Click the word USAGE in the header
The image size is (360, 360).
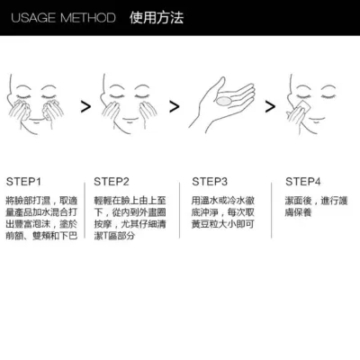(33, 18)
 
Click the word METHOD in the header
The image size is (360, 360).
(88, 18)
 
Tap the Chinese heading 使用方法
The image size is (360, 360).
(157, 18)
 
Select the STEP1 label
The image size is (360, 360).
(23, 182)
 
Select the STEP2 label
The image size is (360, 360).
(112, 182)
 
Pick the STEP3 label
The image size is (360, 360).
(210, 182)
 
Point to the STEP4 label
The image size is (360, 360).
(303, 182)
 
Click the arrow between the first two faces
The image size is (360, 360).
(85, 106)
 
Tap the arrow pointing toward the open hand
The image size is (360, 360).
(175, 106)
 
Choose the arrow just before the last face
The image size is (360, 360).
(270, 106)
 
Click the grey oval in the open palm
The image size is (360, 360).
(223, 101)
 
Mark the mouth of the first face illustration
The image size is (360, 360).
(36, 121)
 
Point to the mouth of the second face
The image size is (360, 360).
(130, 121)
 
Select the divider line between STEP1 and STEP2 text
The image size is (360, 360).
(85, 210)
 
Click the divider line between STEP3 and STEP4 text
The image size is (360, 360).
(272, 210)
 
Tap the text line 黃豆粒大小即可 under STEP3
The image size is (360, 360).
(223, 224)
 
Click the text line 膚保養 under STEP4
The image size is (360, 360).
(299, 212)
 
